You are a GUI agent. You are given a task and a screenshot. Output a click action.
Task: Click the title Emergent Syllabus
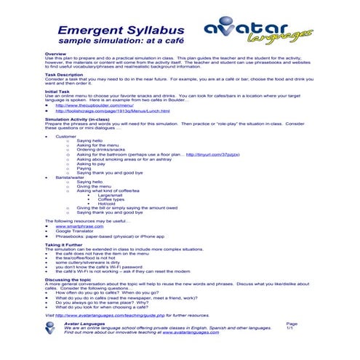[x=115, y=31]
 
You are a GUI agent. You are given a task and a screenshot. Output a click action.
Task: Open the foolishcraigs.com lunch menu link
[x=116, y=111]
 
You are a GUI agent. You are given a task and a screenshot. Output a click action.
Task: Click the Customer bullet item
[x=65, y=136]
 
